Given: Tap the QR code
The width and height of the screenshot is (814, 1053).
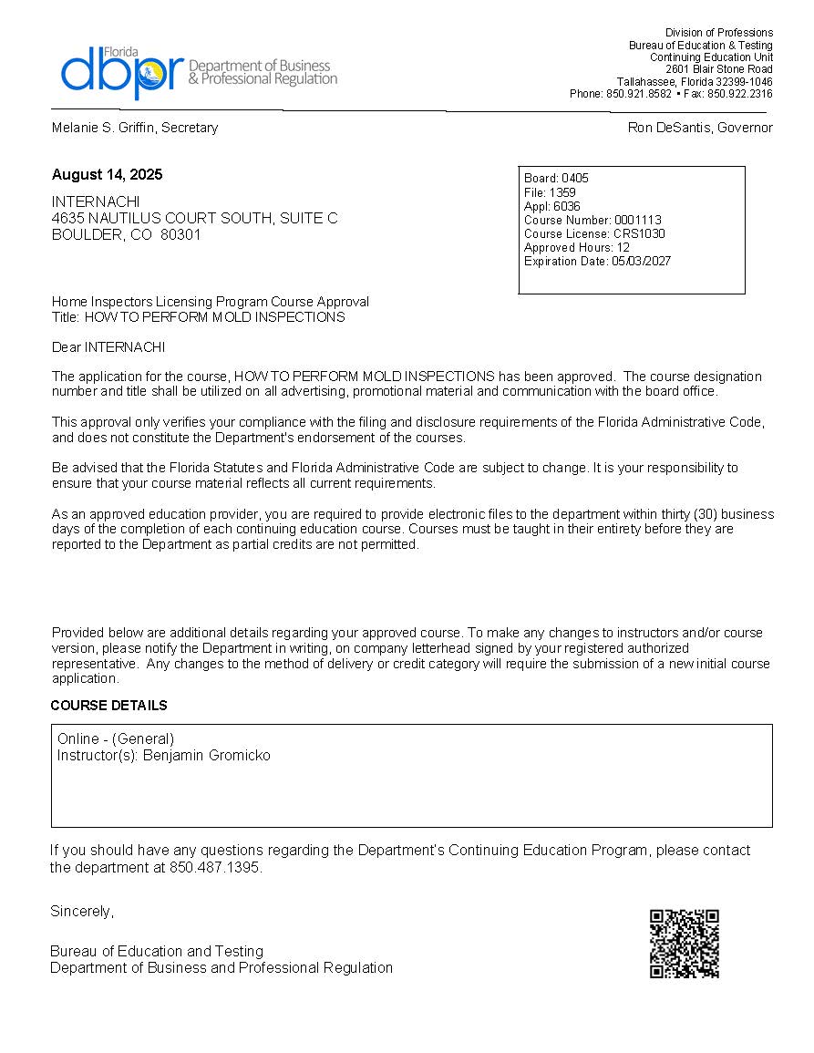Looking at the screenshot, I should (685, 944).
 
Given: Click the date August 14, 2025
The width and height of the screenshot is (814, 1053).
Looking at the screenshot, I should (108, 175).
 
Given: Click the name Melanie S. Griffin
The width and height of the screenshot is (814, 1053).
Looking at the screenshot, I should (103, 128).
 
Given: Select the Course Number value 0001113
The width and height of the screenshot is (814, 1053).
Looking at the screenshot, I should (638, 221).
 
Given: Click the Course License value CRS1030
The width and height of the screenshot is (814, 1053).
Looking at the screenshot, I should (639, 234).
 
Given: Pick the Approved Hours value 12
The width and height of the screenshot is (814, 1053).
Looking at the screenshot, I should (623, 248).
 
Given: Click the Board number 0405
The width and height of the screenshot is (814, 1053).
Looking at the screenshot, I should (575, 179).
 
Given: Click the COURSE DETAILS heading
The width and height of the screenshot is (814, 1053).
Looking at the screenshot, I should (108, 706).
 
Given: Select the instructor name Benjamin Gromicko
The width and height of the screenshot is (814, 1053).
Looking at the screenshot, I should (207, 756).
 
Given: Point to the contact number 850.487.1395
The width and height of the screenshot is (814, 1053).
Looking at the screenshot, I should (215, 868).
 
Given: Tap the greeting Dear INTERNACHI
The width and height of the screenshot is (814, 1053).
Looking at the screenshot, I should (108, 347).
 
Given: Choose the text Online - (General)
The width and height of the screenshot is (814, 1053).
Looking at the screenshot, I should (116, 739).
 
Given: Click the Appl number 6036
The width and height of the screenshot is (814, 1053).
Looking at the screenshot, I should (567, 207).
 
